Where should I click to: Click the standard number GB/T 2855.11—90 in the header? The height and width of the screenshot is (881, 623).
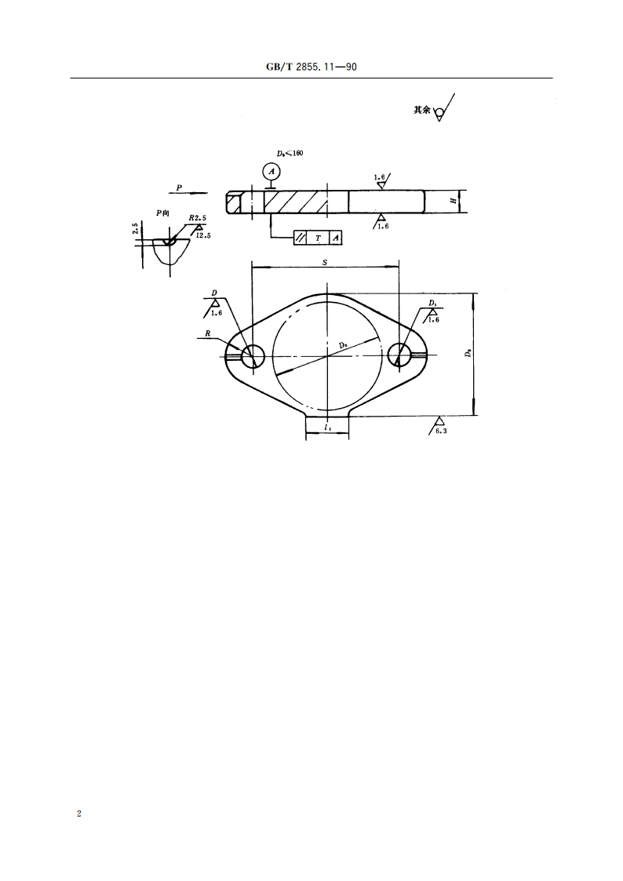[312, 67]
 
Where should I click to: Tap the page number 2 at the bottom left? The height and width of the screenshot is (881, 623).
[78, 814]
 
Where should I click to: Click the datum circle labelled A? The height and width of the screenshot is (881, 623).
[270, 171]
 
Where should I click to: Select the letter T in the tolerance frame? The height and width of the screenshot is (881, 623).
[318, 237]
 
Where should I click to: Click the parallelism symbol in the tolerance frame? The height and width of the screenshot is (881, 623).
[301, 237]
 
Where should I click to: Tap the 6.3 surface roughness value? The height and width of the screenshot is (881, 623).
[442, 431]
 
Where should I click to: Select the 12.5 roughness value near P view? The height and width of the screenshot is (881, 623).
[203, 235]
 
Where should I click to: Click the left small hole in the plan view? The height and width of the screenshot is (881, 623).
[253, 355]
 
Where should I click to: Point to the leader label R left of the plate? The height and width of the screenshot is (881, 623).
[208, 333]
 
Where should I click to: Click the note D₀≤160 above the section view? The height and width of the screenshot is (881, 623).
[290, 154]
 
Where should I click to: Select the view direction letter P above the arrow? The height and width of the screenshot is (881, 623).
[179, 187]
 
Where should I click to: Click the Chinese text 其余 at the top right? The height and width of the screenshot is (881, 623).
[422, 111]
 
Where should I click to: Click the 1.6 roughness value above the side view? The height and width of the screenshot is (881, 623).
[380, 177]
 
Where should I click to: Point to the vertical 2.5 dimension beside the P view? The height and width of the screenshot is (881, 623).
[135, 230]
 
